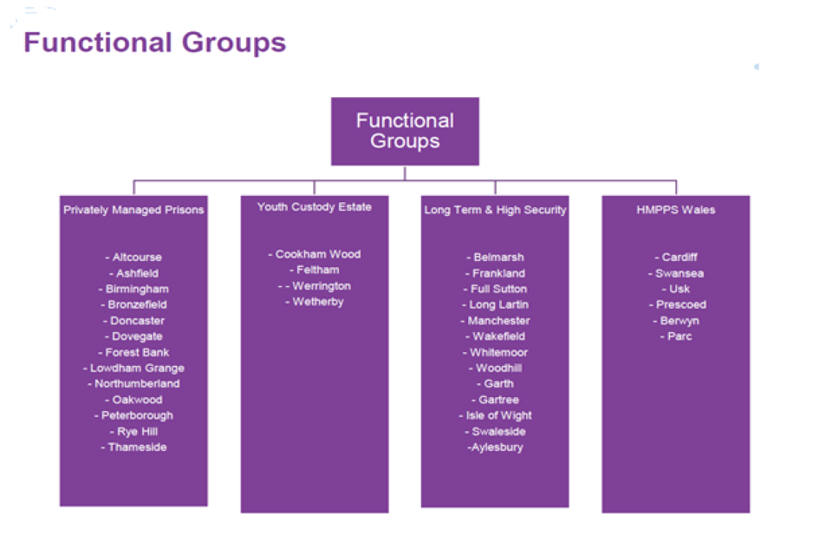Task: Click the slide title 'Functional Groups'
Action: pyautogui.click(x=154, y=42)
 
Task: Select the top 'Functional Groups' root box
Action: pyautogui.click(x=405, y=131)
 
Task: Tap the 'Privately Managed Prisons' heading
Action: pyautogui.click(x=134, y=210)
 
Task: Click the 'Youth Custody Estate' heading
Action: pyautogui.click(x=315, y=207)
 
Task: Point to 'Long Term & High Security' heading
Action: pyautogui.click(x=495, y=210)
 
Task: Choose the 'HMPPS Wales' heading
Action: pyautogui.click(x=676, y=210)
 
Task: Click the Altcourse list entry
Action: pyautogui.click(x=134, y=258)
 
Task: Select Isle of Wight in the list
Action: pyautogui.click(x=495, y=416)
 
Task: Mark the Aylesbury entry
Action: pyautogui.click(x=495, y=447)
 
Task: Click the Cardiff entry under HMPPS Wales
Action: pyautogui.click(x=676, y=258)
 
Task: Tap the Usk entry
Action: pyautogui.click(x=676, y=289)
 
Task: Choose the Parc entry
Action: pyautogui.click(x=676, y=336)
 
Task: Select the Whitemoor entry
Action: pyautogui.click(x=495, y=353)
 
